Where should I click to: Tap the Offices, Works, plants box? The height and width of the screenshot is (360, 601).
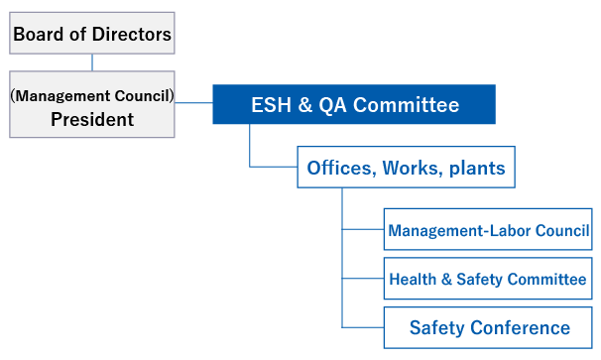pyautogui.click(x=406, y=168)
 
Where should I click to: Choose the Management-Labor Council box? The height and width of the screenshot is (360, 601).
pyautogui.click(x=488, y=231)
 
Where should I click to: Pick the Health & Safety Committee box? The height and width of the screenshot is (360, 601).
pyautogui.click(x=488, y=279)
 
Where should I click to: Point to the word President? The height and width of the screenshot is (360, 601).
pyautogui.click(x=92, y=119)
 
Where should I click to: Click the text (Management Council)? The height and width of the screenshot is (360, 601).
pyautogui.click(x=92, y=96)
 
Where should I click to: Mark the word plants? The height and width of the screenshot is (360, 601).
pyautogui.click(x=477, y=168)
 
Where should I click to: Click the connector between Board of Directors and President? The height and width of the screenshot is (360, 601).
pyautogui.click(x=92, y=63)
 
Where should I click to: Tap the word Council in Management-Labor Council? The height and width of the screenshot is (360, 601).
pyautogui.click(x=561, y=231)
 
